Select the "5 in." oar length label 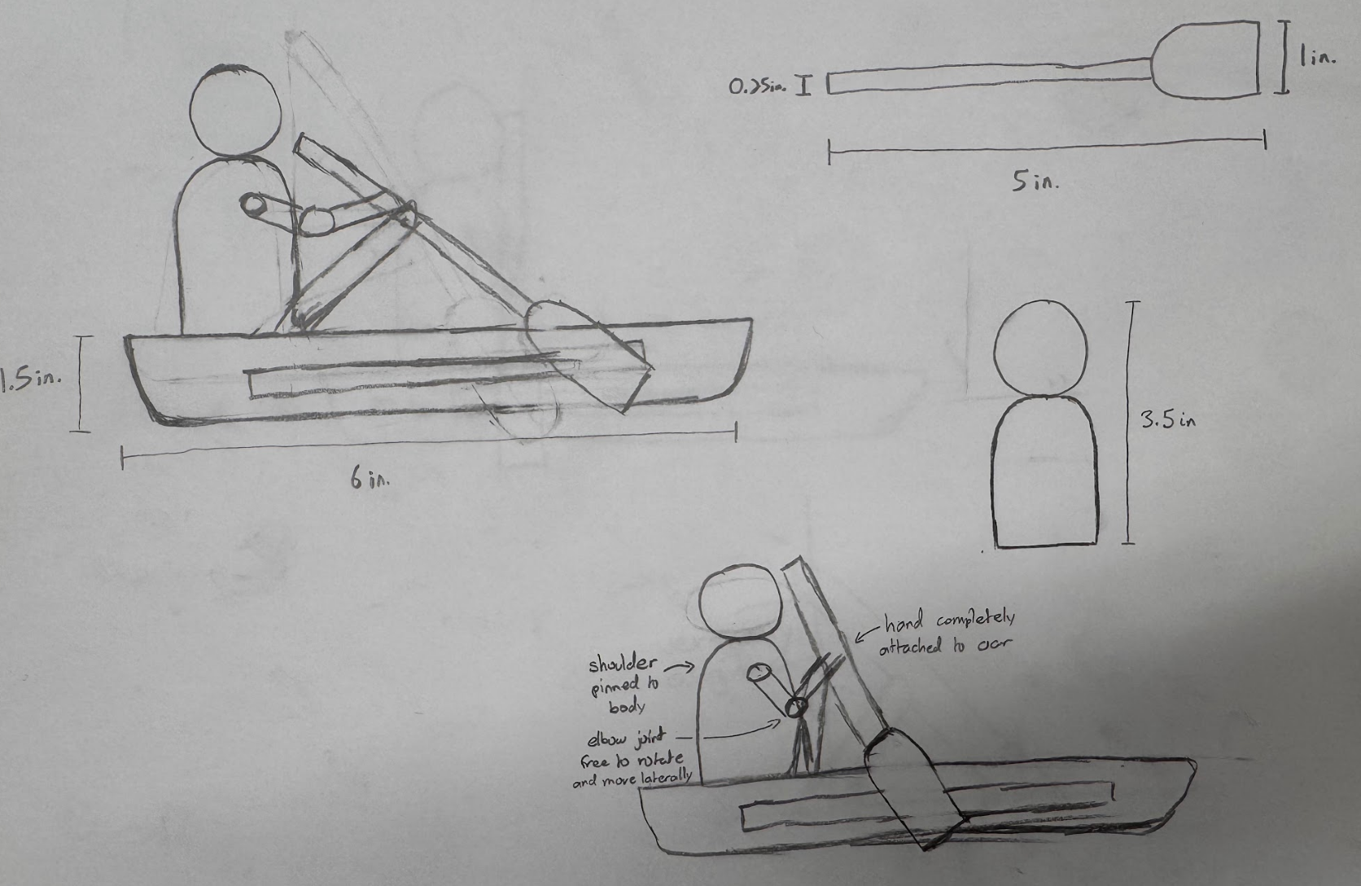[1035, 182]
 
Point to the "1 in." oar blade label [1317, 59]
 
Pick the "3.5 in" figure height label [1167, 420]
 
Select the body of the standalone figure [1044, 472]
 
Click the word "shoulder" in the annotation [623, 664]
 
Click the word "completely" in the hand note [974, 621]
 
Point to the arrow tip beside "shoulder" [693, 667]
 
